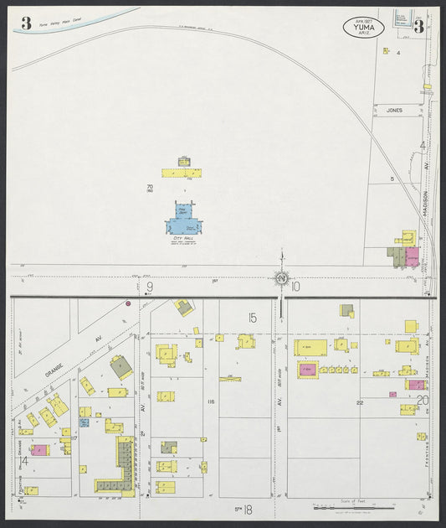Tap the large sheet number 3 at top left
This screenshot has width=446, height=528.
(26, 23)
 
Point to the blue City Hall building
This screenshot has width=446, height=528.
(183, 224)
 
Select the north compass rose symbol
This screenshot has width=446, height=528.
(282, 278)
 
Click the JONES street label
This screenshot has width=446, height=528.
(394, 110)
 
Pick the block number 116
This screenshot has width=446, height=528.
(210, 401)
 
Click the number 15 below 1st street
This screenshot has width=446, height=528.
(251, 317)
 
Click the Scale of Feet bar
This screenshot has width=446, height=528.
(352, 507)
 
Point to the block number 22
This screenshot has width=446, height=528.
(360, 403)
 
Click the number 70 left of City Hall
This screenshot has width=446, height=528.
(150, 187)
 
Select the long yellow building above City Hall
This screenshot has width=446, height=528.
(183, 173)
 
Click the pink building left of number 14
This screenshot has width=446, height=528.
(38, 450)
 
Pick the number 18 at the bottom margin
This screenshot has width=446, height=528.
(249, 508)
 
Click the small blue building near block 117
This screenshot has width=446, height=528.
(85, 422)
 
